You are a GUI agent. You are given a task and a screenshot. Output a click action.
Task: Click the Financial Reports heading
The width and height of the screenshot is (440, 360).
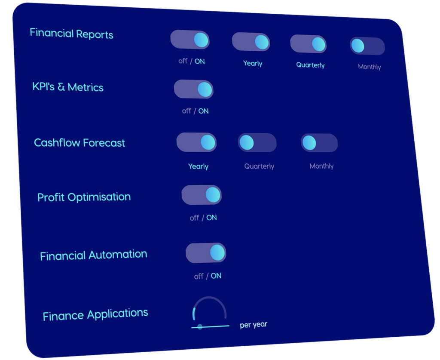coord(72,34)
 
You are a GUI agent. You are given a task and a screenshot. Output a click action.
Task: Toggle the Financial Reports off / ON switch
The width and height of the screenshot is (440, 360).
coord(190,40)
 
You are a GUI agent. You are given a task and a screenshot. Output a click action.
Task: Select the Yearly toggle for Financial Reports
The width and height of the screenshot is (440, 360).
coord(251,42)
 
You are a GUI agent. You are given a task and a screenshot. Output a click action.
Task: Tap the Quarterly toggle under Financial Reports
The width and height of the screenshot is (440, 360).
coord(308,44)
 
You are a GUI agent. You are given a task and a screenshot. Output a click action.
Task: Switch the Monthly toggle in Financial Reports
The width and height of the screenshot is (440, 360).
coord(367,46)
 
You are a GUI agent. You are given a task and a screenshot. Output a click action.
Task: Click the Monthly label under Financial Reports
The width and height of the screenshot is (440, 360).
coord(369,67)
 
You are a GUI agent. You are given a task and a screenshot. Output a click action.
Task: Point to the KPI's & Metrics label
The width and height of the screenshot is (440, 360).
coord(68,87)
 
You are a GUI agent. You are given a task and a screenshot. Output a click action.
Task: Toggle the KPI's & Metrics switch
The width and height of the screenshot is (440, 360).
coord(194,89)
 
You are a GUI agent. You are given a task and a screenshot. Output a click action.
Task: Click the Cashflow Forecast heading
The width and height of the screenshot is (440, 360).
coord(79,143)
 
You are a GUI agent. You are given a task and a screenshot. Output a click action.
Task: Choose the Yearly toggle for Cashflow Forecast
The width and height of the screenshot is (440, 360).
coord(196,142)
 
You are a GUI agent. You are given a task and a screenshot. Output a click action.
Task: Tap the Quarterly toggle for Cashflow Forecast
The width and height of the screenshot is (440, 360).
coord(257,142)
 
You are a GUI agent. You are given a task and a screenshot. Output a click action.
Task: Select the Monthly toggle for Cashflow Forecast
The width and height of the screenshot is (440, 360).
coord(319,143)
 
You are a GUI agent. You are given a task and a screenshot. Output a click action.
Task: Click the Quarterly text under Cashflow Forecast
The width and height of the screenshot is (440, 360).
coord(259,166)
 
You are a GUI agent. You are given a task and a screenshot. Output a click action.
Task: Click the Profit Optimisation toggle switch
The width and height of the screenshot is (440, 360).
coord(202,194)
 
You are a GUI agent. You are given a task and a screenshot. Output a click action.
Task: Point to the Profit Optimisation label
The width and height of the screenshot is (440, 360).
coord(84,197)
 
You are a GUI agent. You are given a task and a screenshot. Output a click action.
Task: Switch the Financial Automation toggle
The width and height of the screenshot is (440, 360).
coord(206,253)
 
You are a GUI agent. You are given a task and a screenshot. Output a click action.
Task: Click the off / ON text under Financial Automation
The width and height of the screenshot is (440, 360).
coord(208,276)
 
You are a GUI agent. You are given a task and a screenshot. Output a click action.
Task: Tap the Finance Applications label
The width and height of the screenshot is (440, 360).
coord(95,314)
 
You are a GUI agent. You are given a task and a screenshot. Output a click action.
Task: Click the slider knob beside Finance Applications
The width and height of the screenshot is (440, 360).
coord(200,326)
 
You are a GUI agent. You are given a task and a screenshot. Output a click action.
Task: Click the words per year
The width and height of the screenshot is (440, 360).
coord(254,325)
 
